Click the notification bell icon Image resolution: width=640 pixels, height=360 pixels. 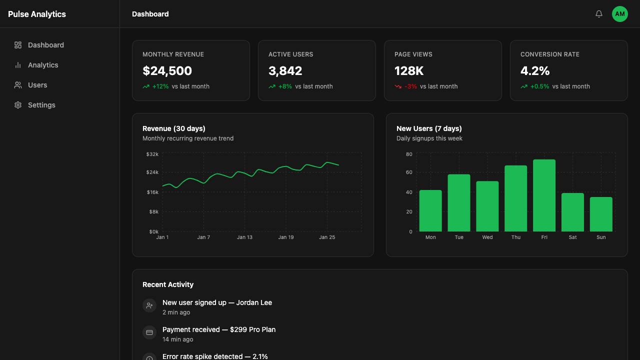[599, 13]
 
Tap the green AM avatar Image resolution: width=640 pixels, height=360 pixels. [619, 14]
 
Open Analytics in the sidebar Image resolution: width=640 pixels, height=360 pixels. [43, 65]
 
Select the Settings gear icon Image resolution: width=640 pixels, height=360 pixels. [18, 105]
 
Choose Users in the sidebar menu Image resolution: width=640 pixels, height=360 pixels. [37, 85]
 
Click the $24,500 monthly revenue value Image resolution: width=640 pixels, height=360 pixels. [167, 71]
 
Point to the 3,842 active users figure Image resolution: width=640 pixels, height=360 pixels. [285, 71]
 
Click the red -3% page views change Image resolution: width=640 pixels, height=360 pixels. [410, 86]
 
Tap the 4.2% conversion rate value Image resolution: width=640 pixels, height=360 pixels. [535, 71]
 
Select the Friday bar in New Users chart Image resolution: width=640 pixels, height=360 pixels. [544, 195]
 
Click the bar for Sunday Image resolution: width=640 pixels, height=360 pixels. [601, 214]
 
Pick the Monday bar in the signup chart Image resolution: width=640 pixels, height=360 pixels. [430, 211]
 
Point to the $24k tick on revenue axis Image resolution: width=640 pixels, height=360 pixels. [152, 172]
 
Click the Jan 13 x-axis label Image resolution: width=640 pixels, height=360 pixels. [244, 237]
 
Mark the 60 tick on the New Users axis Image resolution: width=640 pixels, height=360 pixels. [409, 172]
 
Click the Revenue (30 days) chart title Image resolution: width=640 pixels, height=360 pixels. [173, 128]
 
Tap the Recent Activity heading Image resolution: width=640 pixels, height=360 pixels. [168, 284]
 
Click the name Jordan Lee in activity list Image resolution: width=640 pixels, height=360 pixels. [254, 302]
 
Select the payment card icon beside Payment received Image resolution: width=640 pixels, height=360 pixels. [149, 332]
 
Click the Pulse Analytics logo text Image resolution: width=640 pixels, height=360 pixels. [37, 14]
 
